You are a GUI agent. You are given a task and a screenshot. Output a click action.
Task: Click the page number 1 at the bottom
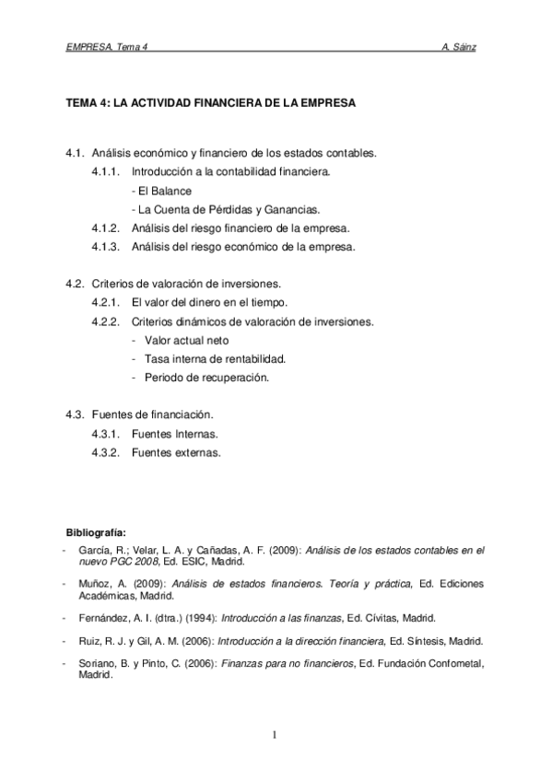point(275,734)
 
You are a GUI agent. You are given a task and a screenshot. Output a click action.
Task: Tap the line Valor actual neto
point(180,340)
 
